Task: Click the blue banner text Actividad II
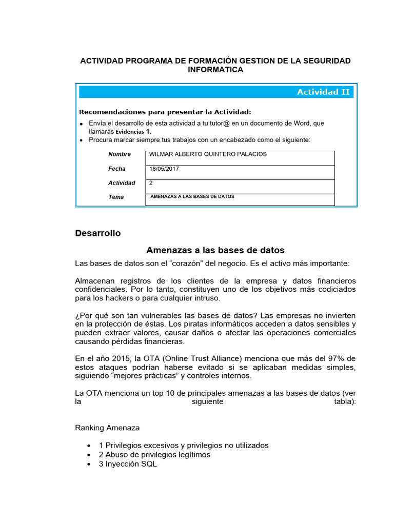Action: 323,92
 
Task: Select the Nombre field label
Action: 120,154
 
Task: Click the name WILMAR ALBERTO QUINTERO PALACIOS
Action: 208,154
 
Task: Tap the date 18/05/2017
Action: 164,169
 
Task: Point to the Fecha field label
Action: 117,169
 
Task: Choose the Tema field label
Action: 116,197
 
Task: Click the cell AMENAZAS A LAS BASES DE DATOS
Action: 192,197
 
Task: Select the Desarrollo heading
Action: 98,233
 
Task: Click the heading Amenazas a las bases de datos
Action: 215,250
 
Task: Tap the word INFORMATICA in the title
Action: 215,70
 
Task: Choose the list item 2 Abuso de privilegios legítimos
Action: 154,455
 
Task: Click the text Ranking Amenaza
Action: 107,428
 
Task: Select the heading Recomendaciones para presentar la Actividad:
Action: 165,112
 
